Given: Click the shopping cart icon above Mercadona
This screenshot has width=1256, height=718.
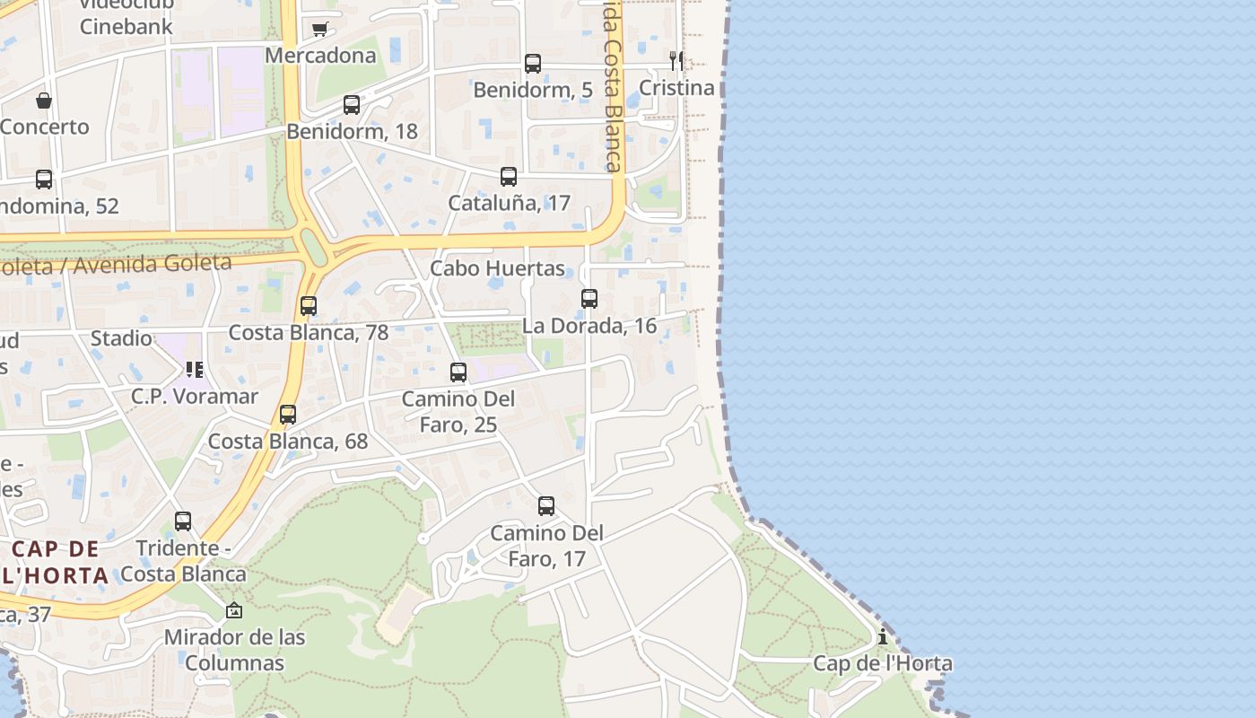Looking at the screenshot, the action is (x=320, y=29).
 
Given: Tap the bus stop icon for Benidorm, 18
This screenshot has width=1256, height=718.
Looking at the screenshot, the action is (x=352, y=105).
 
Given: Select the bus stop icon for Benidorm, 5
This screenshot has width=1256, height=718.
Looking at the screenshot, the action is (x=533, y=64).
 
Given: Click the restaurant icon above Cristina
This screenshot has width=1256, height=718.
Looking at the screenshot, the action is (x=676, y=60).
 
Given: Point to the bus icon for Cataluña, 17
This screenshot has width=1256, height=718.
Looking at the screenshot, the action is (x=509, y=177).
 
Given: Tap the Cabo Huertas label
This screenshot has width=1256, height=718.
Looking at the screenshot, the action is (x=497, y=268).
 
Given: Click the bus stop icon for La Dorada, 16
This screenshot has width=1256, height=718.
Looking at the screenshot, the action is (x=589, y=299).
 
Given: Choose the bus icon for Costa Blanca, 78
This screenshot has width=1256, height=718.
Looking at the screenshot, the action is (x=309, y=306).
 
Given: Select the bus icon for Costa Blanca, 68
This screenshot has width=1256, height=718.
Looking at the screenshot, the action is (x=288, y=415).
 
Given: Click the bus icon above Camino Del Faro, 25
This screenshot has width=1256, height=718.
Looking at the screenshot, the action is (x=458, y=372).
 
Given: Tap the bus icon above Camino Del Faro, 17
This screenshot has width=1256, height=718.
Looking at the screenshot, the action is (x=546, y=506).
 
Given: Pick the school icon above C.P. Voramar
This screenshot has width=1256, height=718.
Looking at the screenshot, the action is (x=195, y=369).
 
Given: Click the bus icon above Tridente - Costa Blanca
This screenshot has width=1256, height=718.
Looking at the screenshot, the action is (x=183, y=521).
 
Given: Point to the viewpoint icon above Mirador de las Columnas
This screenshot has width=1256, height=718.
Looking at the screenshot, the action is (x=234, y=610).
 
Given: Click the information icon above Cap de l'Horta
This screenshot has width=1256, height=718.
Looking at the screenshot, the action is (x=883, y=637).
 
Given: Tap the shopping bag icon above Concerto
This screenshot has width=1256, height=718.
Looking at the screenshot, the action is (x=44, y=101).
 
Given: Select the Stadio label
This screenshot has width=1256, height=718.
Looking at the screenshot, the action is (x=121, y=338).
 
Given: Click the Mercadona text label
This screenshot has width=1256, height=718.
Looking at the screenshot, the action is (x=320, y=56).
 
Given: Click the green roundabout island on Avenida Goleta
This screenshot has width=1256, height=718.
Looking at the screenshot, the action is (x=313, y=247).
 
